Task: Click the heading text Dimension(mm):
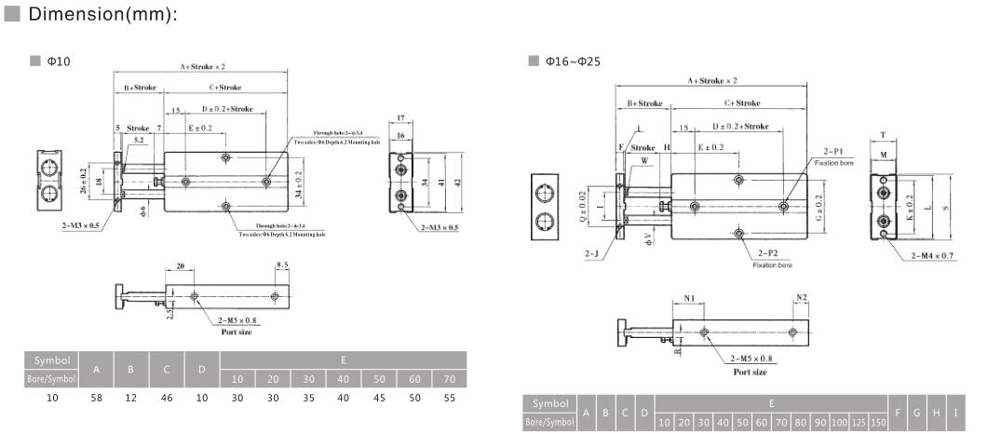coord(102,15)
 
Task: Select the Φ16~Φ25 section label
coord(572,61)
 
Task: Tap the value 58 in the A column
coord(96,397)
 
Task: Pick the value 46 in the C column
coord(166,397)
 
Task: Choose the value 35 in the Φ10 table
coord(307,397)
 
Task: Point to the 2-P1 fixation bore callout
coord(832,151)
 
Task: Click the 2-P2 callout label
coord(767,252)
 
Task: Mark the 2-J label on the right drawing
coord(592,253)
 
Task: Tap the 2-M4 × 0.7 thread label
coord(932,254)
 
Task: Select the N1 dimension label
coord(690,299)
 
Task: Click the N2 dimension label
coord(801,299)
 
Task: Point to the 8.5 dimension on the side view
coord(282,266)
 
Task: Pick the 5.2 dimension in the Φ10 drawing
coord(138,140)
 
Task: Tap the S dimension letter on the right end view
coord(946,208)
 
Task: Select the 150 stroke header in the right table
coord(876,424)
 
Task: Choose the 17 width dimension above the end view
coord(400,118)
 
